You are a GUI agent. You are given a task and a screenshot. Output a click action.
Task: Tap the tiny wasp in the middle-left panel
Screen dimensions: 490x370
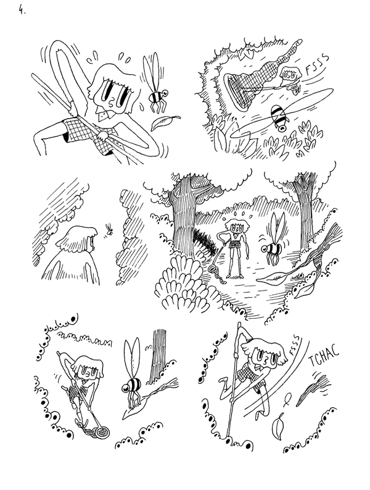110,230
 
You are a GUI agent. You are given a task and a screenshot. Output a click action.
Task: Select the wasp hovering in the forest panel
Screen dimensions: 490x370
272,245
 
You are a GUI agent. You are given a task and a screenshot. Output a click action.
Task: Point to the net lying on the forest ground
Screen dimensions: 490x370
216,270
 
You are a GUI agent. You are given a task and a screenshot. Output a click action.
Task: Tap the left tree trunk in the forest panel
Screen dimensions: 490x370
186,222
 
